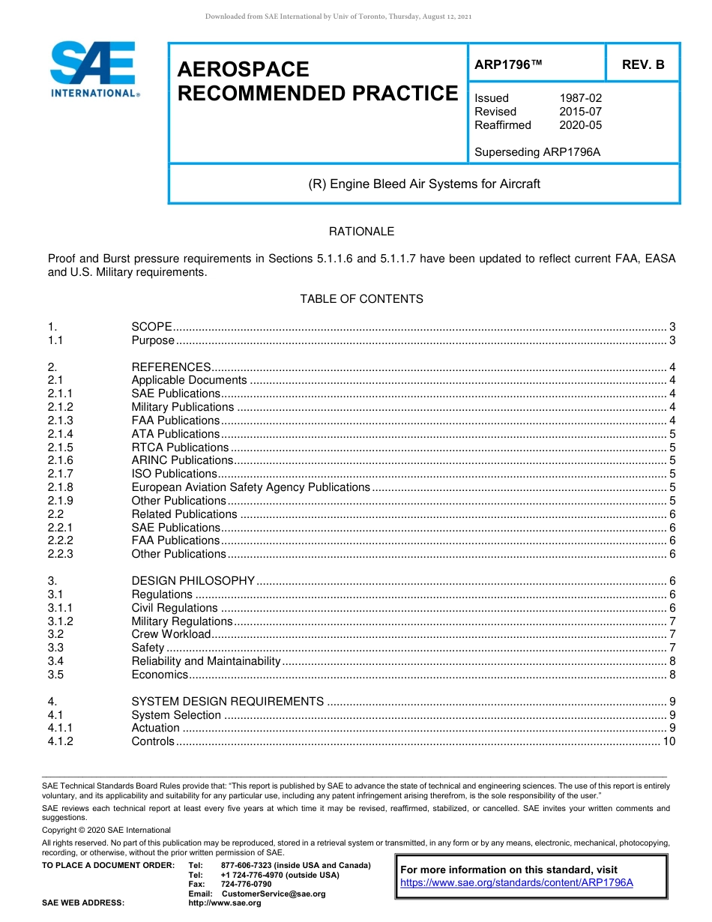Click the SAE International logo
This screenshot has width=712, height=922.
94,69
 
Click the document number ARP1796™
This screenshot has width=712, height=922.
507,65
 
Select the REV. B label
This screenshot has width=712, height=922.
642,65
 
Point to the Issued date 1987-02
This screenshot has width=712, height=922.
580,98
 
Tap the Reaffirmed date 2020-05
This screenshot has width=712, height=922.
580,125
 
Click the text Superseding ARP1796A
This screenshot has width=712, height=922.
537,152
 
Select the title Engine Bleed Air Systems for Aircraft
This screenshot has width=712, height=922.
424,184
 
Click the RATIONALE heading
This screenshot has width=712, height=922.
361,232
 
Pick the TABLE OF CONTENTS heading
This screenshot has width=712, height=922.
361,299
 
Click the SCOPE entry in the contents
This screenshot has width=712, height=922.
151,327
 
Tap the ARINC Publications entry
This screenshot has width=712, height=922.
182,460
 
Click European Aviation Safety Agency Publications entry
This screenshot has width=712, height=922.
250,487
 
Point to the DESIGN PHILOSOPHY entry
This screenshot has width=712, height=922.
193,581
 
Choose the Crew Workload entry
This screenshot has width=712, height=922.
171,634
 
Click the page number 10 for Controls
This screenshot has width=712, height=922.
669,741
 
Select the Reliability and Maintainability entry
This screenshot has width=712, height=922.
205,661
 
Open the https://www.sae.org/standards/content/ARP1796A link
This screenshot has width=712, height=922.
516,882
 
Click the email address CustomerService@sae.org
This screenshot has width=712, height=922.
274,894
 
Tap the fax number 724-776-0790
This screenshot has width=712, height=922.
246,885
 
